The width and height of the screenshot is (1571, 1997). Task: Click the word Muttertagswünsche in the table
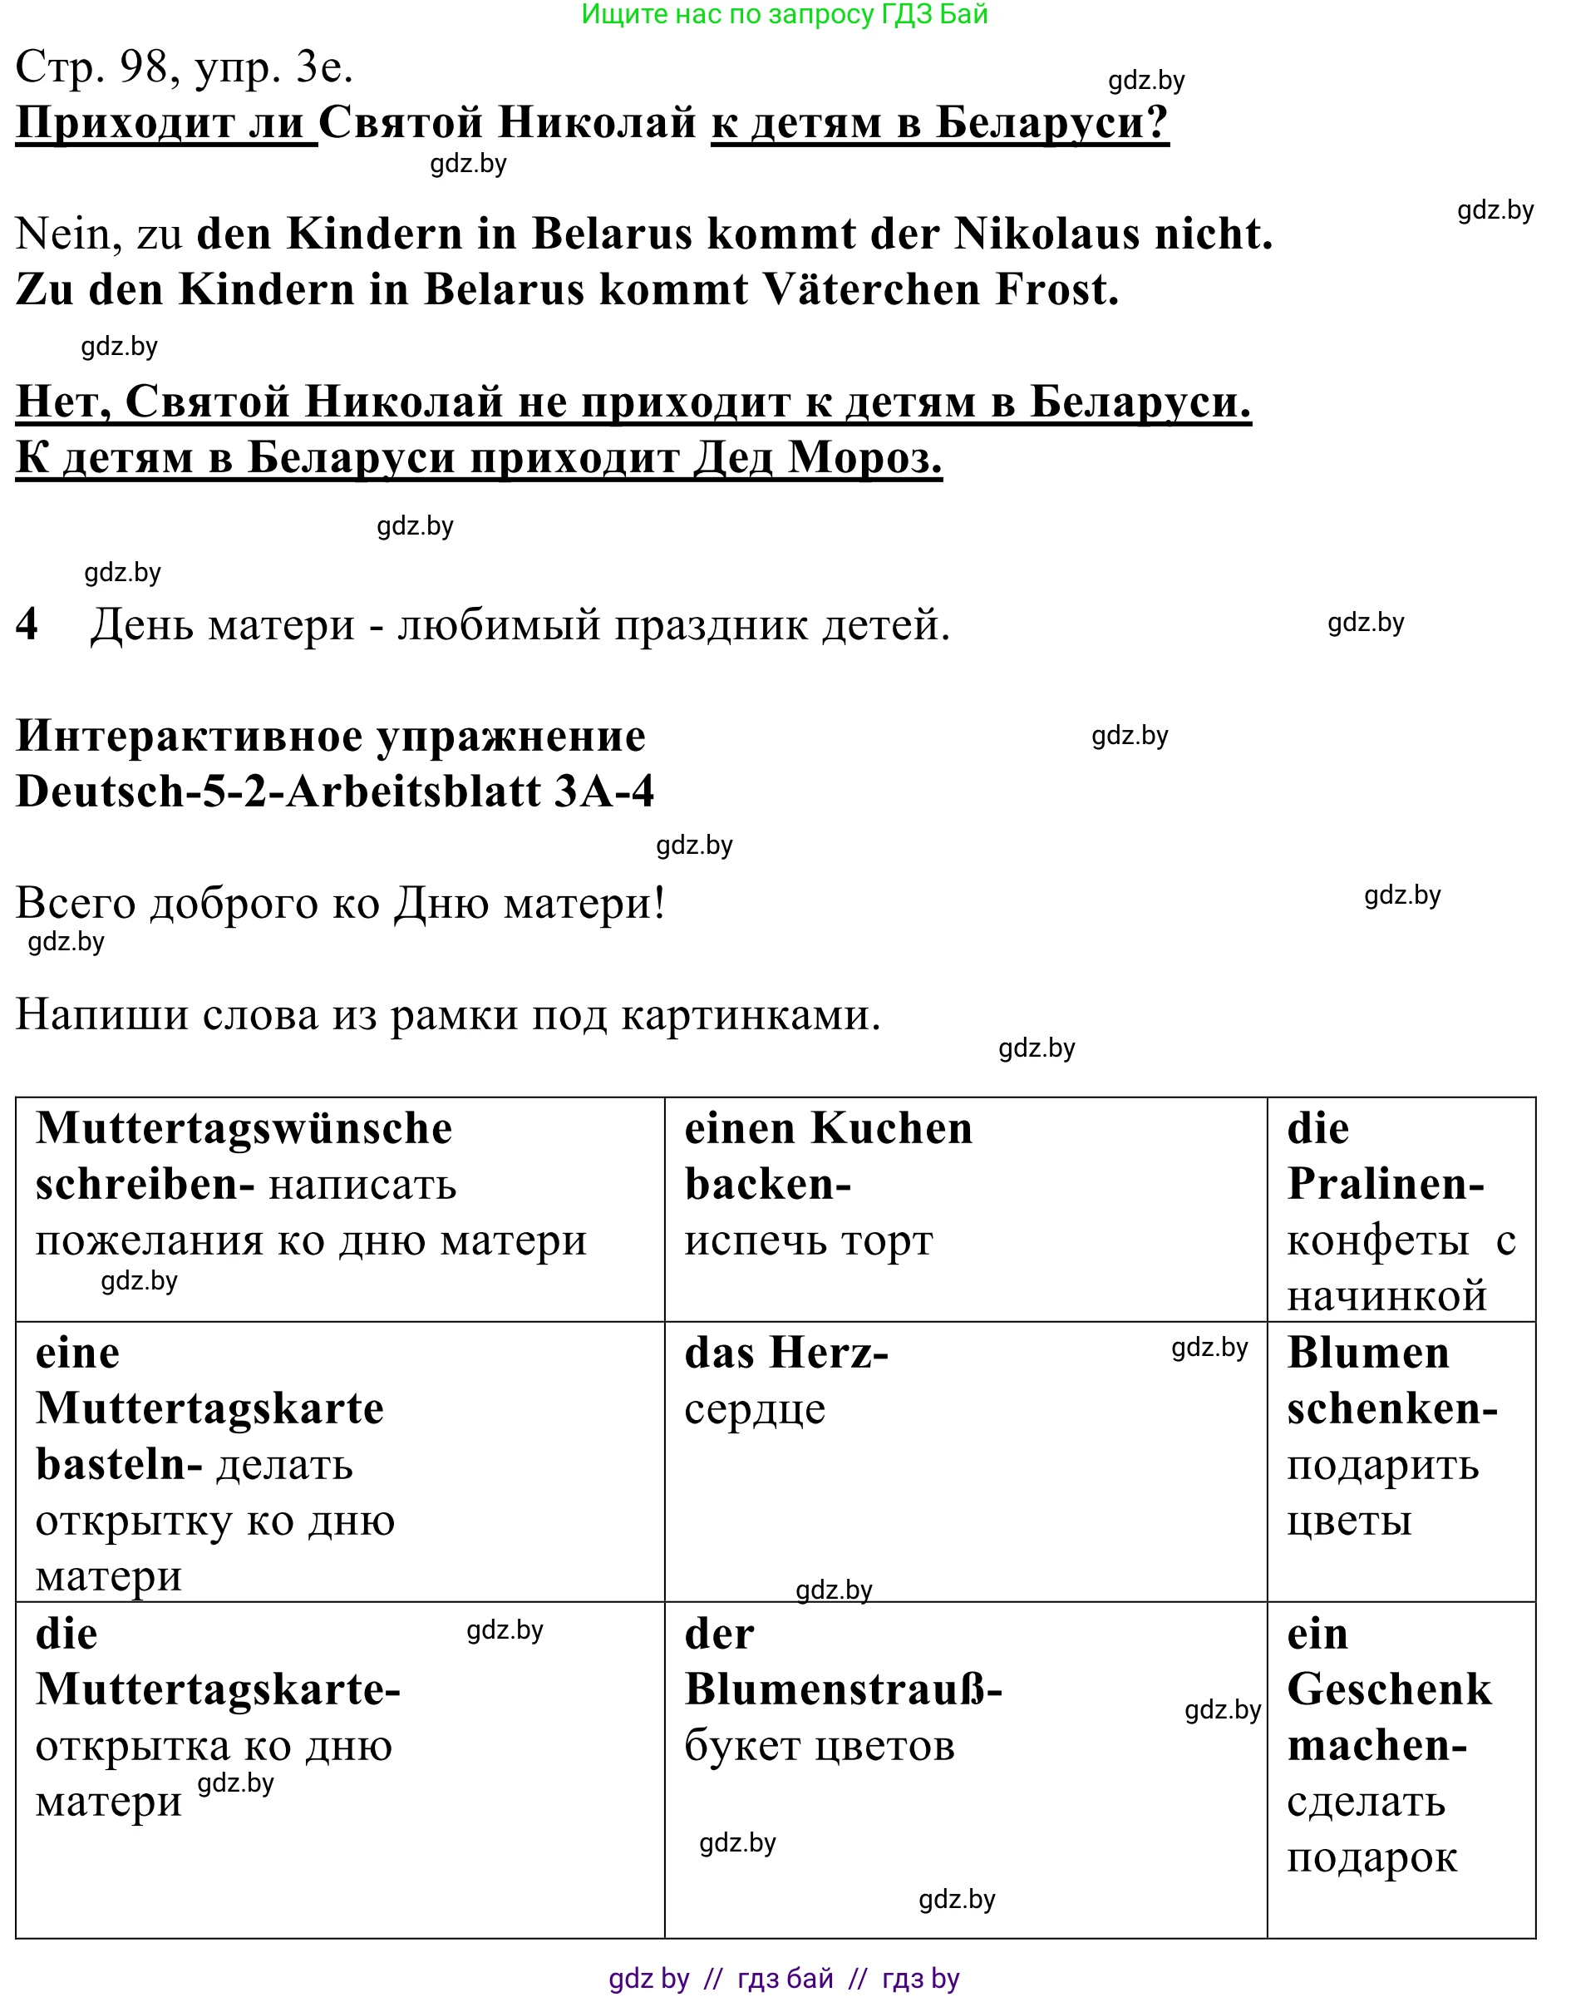pos(244,1129)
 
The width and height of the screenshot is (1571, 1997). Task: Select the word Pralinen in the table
pos(1380,1184)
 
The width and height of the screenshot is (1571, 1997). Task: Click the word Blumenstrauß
pos(837,1689)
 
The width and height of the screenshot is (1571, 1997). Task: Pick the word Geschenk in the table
pos(1389,1689)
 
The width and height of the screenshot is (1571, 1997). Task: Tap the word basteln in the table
pos(111,1464)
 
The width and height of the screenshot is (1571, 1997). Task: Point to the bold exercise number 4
pos(27,624)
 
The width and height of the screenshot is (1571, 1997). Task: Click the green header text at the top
pos(785,14)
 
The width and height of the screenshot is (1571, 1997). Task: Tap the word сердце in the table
pos(754,1409)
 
